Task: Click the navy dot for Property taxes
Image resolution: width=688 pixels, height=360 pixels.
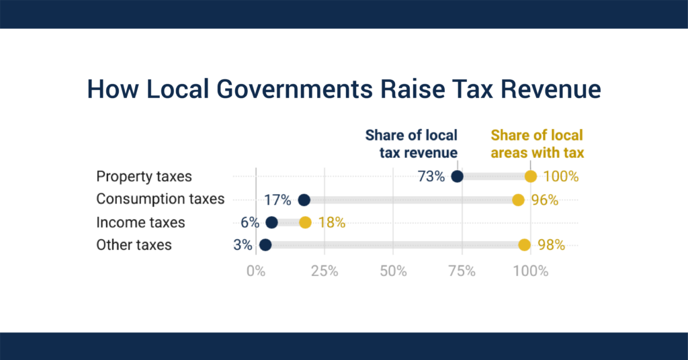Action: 457,177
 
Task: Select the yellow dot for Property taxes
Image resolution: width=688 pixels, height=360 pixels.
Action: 531,177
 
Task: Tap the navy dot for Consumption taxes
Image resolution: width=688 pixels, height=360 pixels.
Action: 304,199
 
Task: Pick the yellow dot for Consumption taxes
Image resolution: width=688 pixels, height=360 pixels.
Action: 518,199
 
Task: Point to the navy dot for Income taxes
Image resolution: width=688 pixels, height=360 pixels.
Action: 271,222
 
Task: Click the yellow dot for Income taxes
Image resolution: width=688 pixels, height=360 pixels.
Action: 305,222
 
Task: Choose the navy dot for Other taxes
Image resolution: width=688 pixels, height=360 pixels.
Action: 265,244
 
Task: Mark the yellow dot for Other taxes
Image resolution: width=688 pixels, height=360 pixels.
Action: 524,244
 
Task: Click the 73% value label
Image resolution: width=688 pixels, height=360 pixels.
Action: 431,177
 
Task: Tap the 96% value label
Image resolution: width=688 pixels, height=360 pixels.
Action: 545,199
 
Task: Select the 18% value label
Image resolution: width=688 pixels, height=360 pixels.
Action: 331,222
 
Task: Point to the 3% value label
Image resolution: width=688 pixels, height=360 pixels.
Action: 243,244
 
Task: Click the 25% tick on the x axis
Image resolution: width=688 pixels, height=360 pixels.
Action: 324,271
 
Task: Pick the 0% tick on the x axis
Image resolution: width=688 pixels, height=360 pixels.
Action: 255,271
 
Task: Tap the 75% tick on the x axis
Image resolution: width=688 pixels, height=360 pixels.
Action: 462,271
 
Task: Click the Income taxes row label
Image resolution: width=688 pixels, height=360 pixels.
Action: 140,222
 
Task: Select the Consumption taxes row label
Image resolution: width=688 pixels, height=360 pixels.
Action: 160,199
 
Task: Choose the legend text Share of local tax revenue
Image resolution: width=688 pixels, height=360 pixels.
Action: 411,144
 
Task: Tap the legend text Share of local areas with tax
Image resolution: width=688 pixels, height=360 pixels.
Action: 537,144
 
